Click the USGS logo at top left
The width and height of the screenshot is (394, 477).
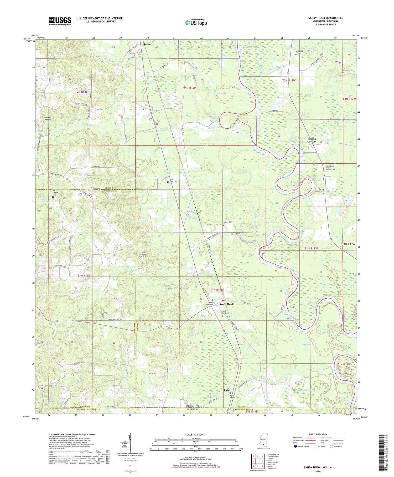tap(60, 21)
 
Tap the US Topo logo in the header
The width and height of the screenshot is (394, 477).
tap(196, 23)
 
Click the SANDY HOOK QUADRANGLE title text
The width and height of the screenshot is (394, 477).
tap(325, 18)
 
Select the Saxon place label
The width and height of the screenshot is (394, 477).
tap(147, 44)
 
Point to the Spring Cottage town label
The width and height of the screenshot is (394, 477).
tap(312, 140)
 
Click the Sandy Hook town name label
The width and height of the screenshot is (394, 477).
tap(226, 304)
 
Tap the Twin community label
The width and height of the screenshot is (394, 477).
tap(226, 390)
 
